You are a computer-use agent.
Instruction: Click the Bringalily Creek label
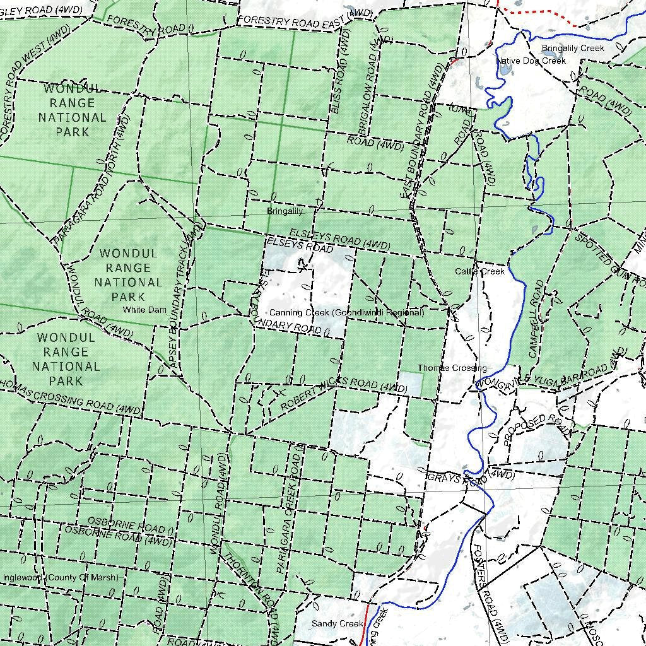tap(572, 48)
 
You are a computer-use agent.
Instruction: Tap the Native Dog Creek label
tap(531, 61)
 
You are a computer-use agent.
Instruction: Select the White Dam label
tap(144, 310)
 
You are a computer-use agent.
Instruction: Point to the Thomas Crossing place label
tap(451, 368)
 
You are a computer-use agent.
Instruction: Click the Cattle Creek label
tap(480, 271)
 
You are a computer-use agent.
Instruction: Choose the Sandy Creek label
tap(338, 623)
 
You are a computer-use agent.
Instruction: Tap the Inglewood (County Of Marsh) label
tap(60, 577)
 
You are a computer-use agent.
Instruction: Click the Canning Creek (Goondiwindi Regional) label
tap(346, 313)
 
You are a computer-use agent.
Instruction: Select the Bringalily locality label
tap(285, 211)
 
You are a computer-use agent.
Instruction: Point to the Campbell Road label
tap(536, 319)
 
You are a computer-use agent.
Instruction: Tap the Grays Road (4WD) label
tap(471, 477)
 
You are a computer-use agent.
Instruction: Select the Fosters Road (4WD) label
tap(491, 593)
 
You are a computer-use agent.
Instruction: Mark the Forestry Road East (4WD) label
tap(305, 18)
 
